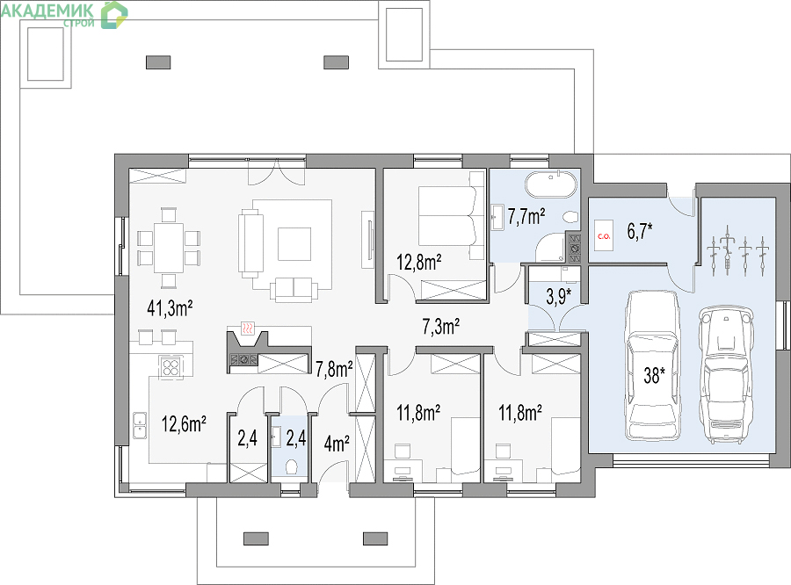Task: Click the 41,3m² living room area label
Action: (170, 307)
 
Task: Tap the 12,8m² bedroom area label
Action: (418, 263)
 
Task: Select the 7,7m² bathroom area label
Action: (526, 216)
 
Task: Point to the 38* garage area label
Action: (654, 375)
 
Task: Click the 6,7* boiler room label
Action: (640, 232)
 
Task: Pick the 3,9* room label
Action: (559, 297)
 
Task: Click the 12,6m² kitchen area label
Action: (184, 424)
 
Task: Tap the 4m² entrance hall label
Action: (337, 444)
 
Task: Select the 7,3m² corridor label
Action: (440, 327)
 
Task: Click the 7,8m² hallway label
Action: (334, 370)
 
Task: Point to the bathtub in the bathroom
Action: (550, 185)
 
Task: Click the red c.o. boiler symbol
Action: (604, 235)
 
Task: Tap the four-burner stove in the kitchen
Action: (171, 366)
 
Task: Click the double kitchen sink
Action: (140, 425)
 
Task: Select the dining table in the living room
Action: (169, 248)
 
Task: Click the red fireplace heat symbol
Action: (247, 329)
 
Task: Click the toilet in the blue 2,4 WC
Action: (291, 467)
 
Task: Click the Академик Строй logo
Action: (64, 14)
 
